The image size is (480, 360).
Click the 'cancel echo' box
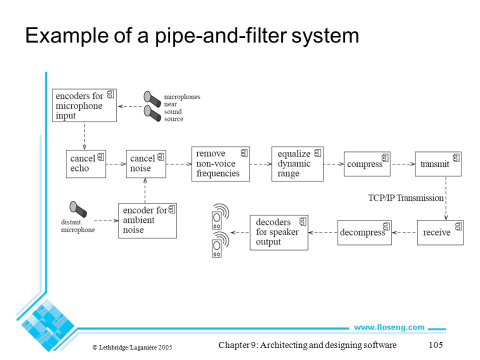tap(86, 164)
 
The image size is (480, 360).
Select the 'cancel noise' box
tap(146, 164)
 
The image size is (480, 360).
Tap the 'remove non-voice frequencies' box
tap(220, 164)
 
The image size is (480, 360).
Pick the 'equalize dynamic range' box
tap(297, 164)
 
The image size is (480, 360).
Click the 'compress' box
tap(367, 164)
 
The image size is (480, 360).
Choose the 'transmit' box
tap(438, 164)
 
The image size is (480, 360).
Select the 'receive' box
tap(440, 232)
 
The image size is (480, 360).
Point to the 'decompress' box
tap(364, 232)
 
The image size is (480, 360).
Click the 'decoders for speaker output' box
tap(279, 232)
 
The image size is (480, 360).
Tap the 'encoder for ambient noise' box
tap(147, 220)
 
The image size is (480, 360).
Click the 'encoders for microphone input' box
tap(84, 105)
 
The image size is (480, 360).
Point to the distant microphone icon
tap(78, 209)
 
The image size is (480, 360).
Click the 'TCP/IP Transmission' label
tap(406, 198)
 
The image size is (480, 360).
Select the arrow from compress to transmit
tap(403, 164)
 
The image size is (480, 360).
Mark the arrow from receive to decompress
tap(404, 232)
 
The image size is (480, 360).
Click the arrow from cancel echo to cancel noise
tap(116, 164)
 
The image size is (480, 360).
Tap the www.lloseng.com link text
tap(389, 327)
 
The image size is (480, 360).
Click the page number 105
tap(435, 345)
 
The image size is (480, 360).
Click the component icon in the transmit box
tap(456, 157)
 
